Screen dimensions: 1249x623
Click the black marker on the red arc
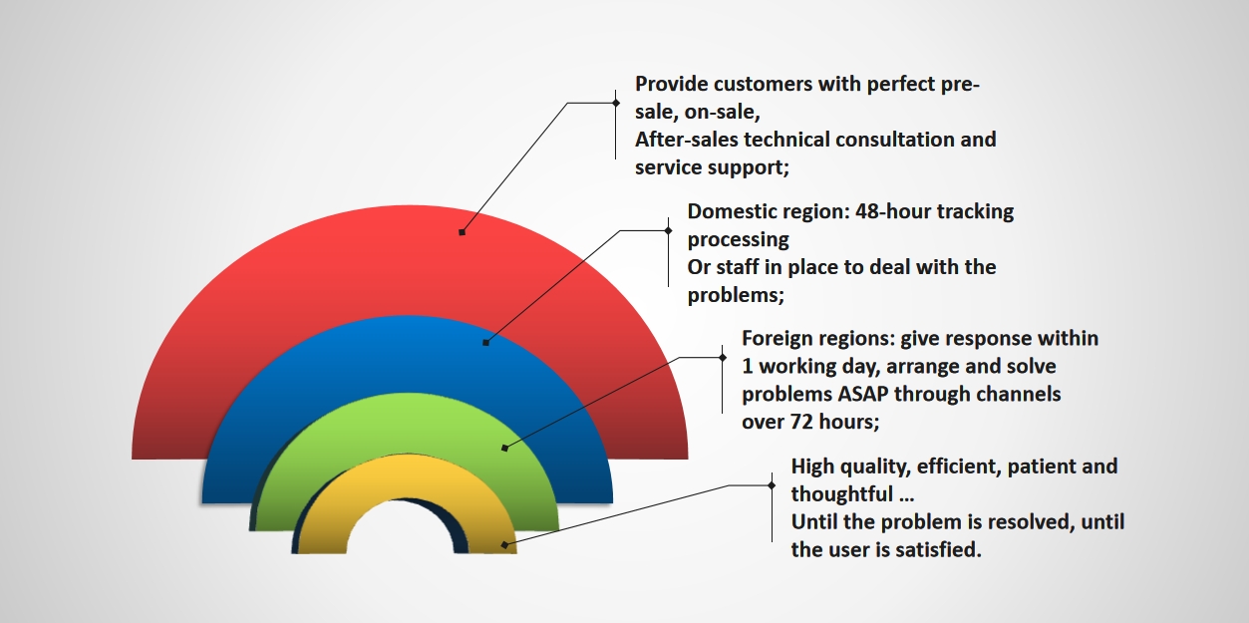click(x=462, y=232)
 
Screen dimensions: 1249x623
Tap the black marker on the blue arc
click(x=485, y=343)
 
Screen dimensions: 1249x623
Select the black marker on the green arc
click(x=504, y=448)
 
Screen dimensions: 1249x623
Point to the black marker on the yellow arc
click(x=504, y=545)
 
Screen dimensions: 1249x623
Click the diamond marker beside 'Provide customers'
click(x=616, y=103)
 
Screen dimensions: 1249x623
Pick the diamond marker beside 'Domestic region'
click(x=668, y=230)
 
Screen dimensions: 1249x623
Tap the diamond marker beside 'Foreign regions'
click(x=723, y=357)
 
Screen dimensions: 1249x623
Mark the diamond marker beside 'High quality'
click(x=772, y=485)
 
